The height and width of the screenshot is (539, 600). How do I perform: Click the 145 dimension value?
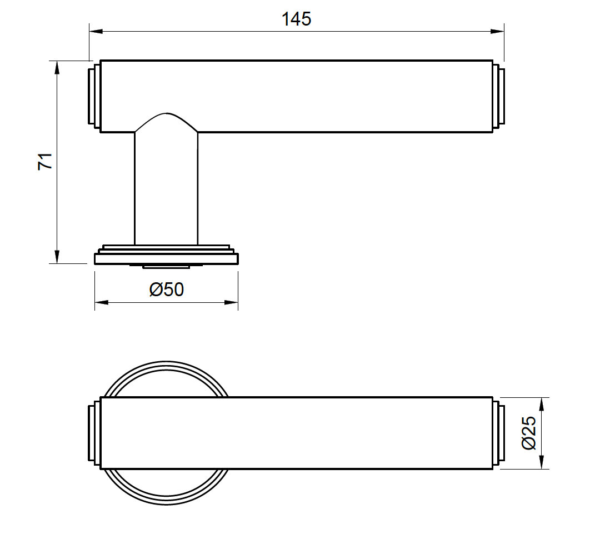(x=296, y=19)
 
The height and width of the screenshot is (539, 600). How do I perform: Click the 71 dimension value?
(x=45, y=161)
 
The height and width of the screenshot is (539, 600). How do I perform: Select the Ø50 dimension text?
(x=167, y=290)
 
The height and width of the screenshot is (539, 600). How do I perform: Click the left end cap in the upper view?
(x=94, y=96)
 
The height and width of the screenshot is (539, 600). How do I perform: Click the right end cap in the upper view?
(x=498, y=96)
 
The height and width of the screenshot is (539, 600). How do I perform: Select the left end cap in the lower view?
(x=94, y=433)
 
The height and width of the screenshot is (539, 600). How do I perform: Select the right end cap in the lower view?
(x=498, y=433)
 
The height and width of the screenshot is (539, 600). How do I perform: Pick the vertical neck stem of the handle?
(x=166, y=189)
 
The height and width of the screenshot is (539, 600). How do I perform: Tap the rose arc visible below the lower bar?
(x=166, y=497)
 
